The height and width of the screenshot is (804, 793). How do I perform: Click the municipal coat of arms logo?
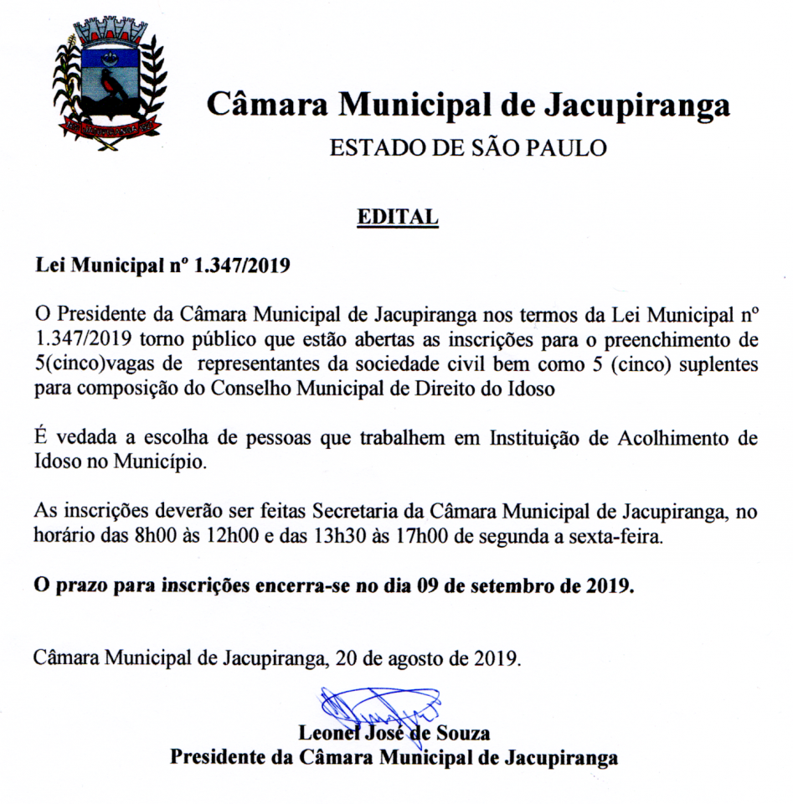[x=111, y=84]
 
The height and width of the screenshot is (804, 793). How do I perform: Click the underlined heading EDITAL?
[x=398, y=217]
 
